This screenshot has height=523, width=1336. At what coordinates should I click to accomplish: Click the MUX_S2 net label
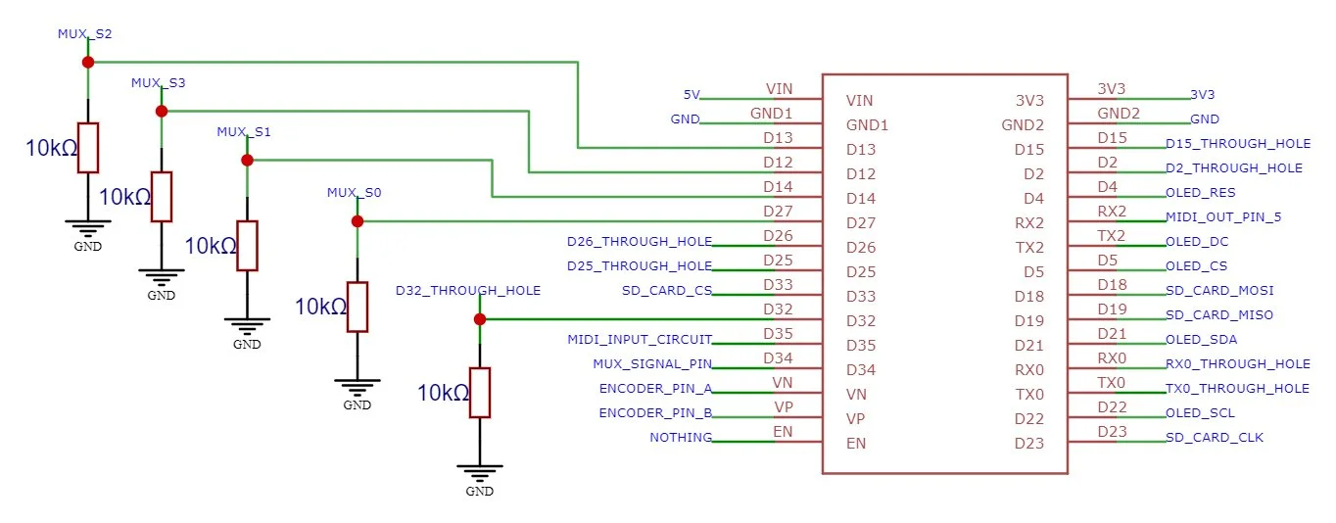[x=85, y=33]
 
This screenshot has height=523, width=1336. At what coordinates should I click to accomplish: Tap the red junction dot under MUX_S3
[x=162, y=111]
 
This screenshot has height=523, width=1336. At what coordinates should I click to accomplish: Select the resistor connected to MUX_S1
[x=247, y=245]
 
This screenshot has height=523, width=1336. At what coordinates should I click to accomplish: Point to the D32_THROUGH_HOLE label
[x=467, y=291]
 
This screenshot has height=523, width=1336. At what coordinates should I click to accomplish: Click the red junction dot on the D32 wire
[x=479, y=319]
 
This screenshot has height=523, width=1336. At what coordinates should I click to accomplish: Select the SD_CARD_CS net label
[x=666, y=290]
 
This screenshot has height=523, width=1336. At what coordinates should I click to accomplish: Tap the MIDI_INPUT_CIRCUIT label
[x=640, y=340]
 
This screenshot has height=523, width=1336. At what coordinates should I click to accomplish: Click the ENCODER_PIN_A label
[x=654, y=389]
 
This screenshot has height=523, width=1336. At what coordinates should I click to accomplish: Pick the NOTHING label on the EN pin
[x=681, y=437]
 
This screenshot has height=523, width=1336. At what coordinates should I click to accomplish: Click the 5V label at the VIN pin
[x=691, y=95]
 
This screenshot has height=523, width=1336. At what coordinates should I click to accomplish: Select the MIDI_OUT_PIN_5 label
[x=1223, y=217]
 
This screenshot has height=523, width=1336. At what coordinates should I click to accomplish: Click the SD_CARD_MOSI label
[x=1219, y=291]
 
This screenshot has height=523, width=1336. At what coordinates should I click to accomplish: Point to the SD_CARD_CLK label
[x=1215, y=437]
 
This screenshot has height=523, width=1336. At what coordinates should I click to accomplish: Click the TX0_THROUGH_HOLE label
[x=1237, y=389]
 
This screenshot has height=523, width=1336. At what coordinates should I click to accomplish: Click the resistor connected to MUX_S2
[x=88, y=147]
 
